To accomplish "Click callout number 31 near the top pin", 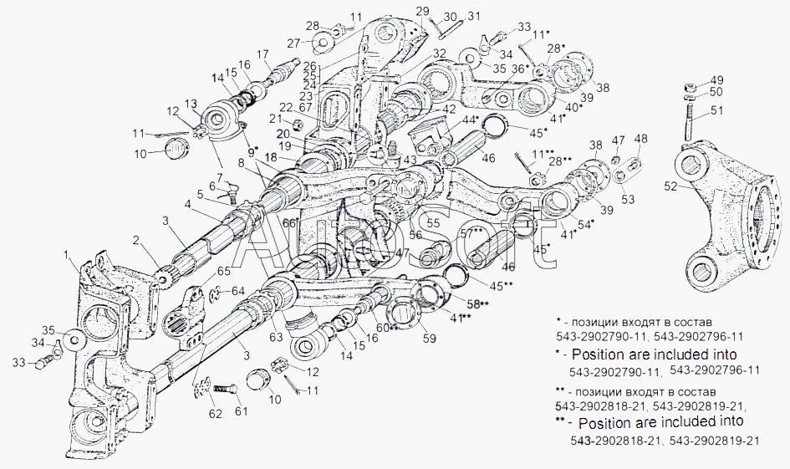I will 474,16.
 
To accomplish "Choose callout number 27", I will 293,43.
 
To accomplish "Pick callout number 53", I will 627,198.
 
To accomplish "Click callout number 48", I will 640,138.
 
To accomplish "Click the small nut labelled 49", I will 690,88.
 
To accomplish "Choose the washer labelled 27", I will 321,41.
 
